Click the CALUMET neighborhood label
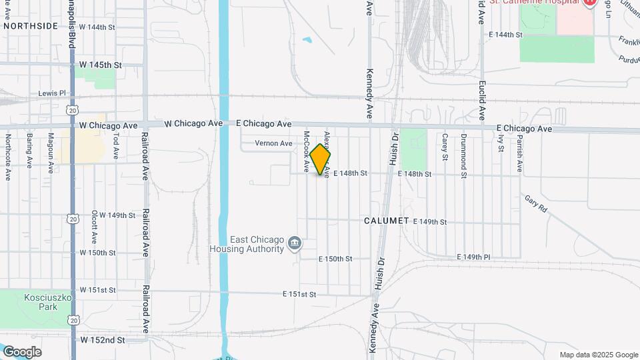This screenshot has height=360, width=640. point(386,221)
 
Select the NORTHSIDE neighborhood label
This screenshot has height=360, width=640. point(30,26)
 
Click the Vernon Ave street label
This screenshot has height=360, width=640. point(273,143)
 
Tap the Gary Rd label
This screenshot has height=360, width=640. point(535,204)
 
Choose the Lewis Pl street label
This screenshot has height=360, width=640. point(53,93)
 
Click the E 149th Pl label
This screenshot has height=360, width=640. point(473,257)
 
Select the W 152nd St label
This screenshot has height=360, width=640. point(103,340)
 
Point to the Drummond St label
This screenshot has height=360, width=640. point(463,156)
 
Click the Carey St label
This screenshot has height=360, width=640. point(444,147)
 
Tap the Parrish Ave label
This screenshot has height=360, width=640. point(519,153)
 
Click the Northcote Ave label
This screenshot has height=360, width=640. point(8,157)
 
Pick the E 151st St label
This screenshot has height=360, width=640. point(299,294)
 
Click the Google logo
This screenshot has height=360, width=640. point(22,351)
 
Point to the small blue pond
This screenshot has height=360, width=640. point(307,40)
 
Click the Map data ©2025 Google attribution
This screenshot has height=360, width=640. point(598,355)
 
